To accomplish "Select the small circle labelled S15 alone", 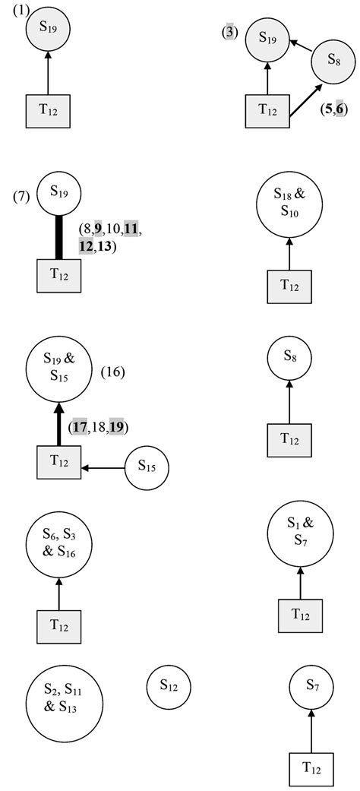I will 146,467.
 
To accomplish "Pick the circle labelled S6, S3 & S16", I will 58,544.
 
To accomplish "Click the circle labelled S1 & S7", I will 300,534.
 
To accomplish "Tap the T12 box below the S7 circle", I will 311,769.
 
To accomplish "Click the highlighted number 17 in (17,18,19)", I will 80,427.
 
